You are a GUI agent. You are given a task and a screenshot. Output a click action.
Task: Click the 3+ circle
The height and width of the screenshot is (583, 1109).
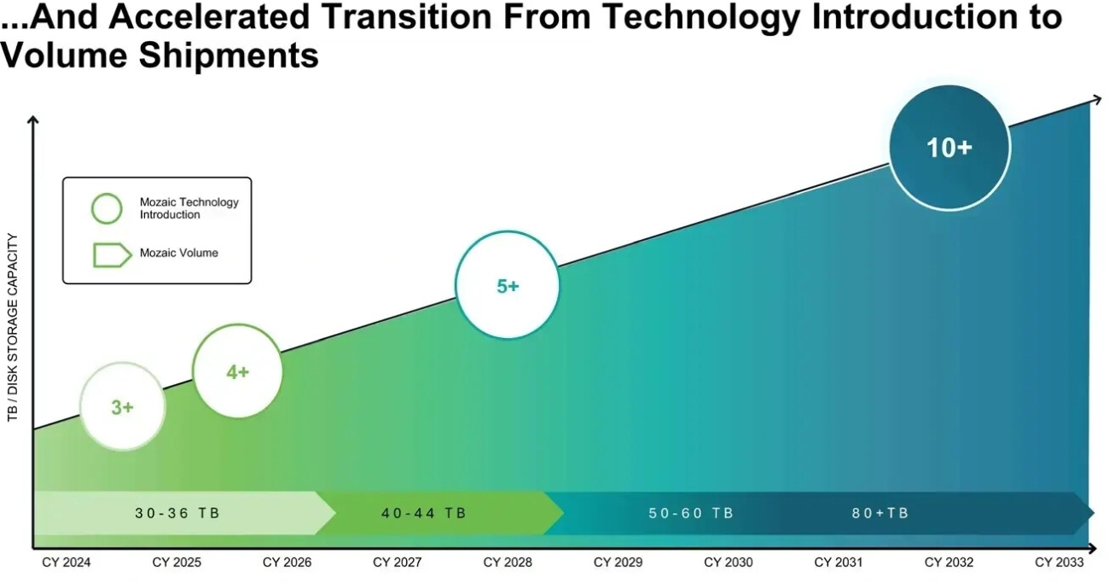pos(122,406)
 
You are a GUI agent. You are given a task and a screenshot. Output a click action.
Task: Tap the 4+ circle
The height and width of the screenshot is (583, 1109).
pos(237,371)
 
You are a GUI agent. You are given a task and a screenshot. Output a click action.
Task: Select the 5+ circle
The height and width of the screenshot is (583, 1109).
pos(508,286)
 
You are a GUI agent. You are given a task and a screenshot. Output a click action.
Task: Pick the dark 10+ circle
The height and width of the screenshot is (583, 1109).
pos(949,147)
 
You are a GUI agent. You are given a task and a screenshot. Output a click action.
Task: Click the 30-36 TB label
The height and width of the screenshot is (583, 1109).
pos(177,513)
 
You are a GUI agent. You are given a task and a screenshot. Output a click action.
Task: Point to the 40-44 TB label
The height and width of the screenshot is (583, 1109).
pos(423,513)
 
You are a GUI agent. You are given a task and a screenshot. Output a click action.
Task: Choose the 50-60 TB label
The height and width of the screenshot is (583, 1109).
pos(691,513)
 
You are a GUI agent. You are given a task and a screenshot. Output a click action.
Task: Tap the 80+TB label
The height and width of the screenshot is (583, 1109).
pos(880,513)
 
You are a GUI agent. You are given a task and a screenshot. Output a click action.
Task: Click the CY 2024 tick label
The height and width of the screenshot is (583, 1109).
pos(67,563)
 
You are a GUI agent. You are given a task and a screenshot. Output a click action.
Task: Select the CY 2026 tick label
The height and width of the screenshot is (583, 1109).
pos(287,563)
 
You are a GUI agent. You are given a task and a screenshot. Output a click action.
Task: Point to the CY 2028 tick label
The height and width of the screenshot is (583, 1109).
pos(508,563)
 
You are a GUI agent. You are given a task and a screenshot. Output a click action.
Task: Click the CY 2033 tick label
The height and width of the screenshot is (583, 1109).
pos(1060,563)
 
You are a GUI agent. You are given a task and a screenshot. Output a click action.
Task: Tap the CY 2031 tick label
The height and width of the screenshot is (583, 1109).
pos(839,563)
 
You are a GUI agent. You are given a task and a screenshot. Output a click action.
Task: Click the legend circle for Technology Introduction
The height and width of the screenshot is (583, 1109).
pos(107,208)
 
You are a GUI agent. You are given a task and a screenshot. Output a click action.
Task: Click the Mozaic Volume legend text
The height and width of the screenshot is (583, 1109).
pos(178,253)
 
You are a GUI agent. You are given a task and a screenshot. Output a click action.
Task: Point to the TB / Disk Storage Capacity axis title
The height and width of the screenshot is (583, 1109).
pos(13,328)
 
